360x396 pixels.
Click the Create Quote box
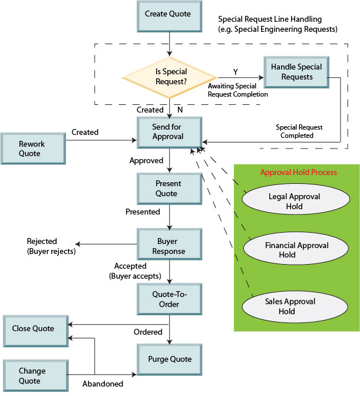pos(170,16)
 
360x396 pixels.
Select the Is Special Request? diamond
pos(170,78)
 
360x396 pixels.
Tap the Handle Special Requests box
pos(296,72)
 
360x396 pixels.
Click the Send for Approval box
pos(170,133)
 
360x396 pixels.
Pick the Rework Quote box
pos(34,148)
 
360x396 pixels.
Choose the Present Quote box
pos(170,189)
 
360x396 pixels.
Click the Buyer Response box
pos(170,244)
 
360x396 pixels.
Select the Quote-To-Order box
pos(170,299)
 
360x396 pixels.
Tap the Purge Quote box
pos(170,359)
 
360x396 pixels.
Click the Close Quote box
pos(35,331)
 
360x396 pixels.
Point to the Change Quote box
pos(35,376)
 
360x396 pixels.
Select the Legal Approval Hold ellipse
pos(296,199)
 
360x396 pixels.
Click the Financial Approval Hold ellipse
pos(296,249)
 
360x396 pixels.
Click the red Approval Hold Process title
pos(298,172)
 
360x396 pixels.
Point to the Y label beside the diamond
pos(236,72)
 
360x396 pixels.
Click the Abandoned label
pos(103,384)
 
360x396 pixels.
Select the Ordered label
pos(148,332)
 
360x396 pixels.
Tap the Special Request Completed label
pos(299,131)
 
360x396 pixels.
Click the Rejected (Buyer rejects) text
pos(51,246)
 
